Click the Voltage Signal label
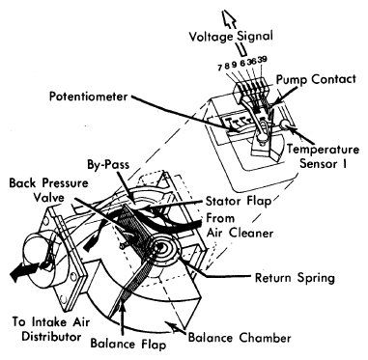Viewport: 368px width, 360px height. [231, 36]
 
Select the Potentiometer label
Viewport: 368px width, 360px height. [89, 97]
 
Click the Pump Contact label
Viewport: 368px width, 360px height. [316, 79]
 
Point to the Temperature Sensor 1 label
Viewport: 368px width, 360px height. [323, 156]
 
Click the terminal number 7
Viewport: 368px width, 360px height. [220, 68]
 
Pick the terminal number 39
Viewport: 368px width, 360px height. [262, 60]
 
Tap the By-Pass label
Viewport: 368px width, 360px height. [108, 165]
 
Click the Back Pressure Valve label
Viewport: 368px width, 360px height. [48, 190]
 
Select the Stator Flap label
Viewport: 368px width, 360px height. [239, 202]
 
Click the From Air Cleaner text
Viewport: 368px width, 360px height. [240, 225]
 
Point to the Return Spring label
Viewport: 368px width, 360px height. [295, 278]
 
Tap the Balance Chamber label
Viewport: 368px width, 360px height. [240, 338]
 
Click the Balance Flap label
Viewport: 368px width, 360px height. [128, 344]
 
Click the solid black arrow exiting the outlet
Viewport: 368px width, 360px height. [24, 271]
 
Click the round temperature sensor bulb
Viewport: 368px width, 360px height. [285, 125]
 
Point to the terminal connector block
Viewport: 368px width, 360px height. [251, 89]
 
